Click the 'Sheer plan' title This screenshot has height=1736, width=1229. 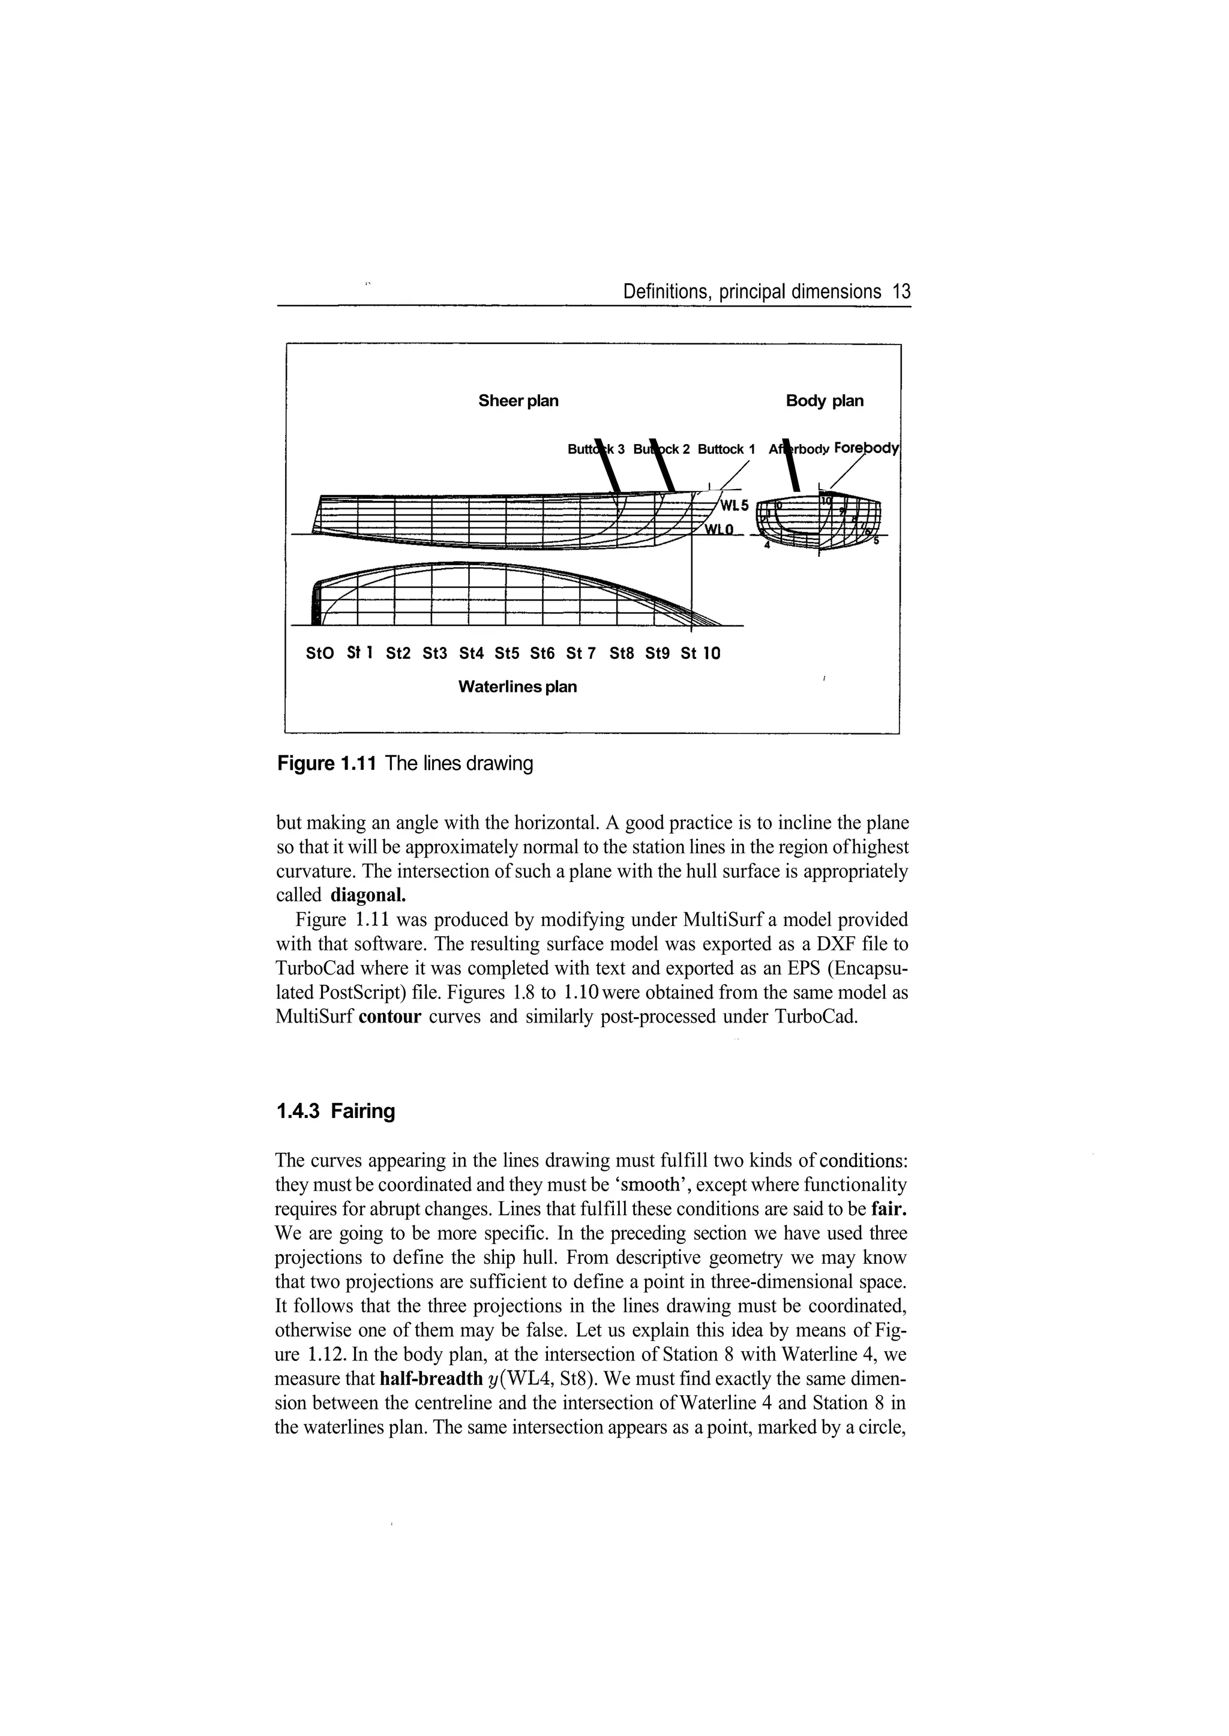point(518,400)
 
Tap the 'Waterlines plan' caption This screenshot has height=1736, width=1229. point(518,686)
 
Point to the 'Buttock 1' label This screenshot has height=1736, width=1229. point(726,449)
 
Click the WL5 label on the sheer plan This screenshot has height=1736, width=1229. point(733,505)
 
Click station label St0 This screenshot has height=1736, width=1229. point(319,652)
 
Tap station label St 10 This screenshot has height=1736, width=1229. point(700,652)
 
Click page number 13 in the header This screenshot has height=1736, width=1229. point(901,292)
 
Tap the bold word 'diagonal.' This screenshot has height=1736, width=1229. point(368,895)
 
